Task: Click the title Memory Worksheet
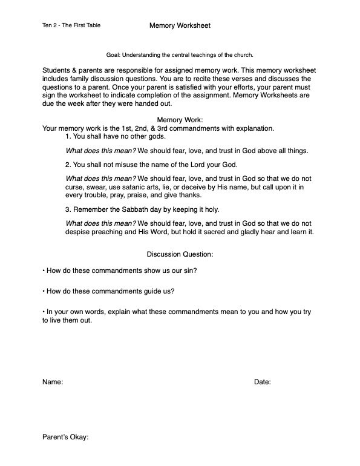[x=180, y=25]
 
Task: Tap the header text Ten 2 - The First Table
[x=68, y=26]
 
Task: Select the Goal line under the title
[x=179, y=54]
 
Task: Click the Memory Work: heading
[x=180, y=120]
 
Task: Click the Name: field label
[x=53, y=382]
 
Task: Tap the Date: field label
[x=262, y=382]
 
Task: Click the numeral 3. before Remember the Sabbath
[x=68, y=209]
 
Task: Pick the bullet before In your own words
[x=44, y=311]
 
